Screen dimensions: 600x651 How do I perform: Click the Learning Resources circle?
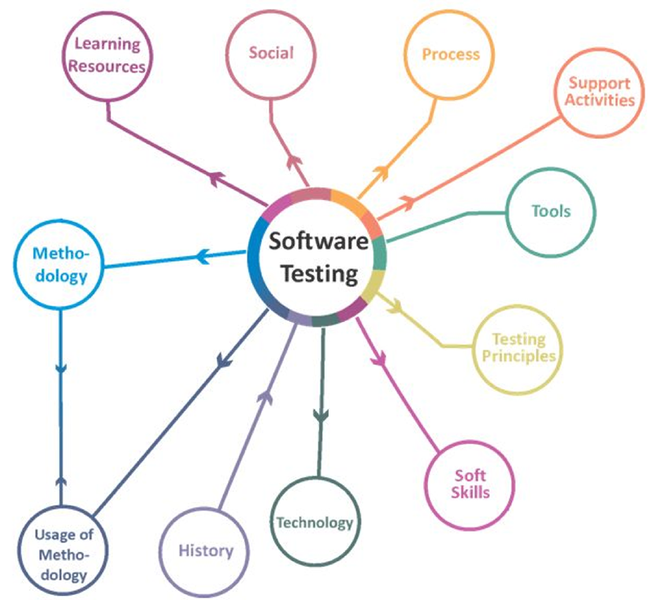107,55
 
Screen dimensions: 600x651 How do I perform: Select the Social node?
271,54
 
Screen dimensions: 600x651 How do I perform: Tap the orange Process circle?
450,55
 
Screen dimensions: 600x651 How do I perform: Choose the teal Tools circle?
551,211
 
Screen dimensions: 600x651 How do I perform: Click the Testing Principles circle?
518,348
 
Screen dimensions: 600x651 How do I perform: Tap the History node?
206,551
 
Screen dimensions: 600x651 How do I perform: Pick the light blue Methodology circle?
60,265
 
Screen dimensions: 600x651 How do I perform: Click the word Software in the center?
318,241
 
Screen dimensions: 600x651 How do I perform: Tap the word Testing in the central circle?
319,274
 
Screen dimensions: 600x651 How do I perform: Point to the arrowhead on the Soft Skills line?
376,354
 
